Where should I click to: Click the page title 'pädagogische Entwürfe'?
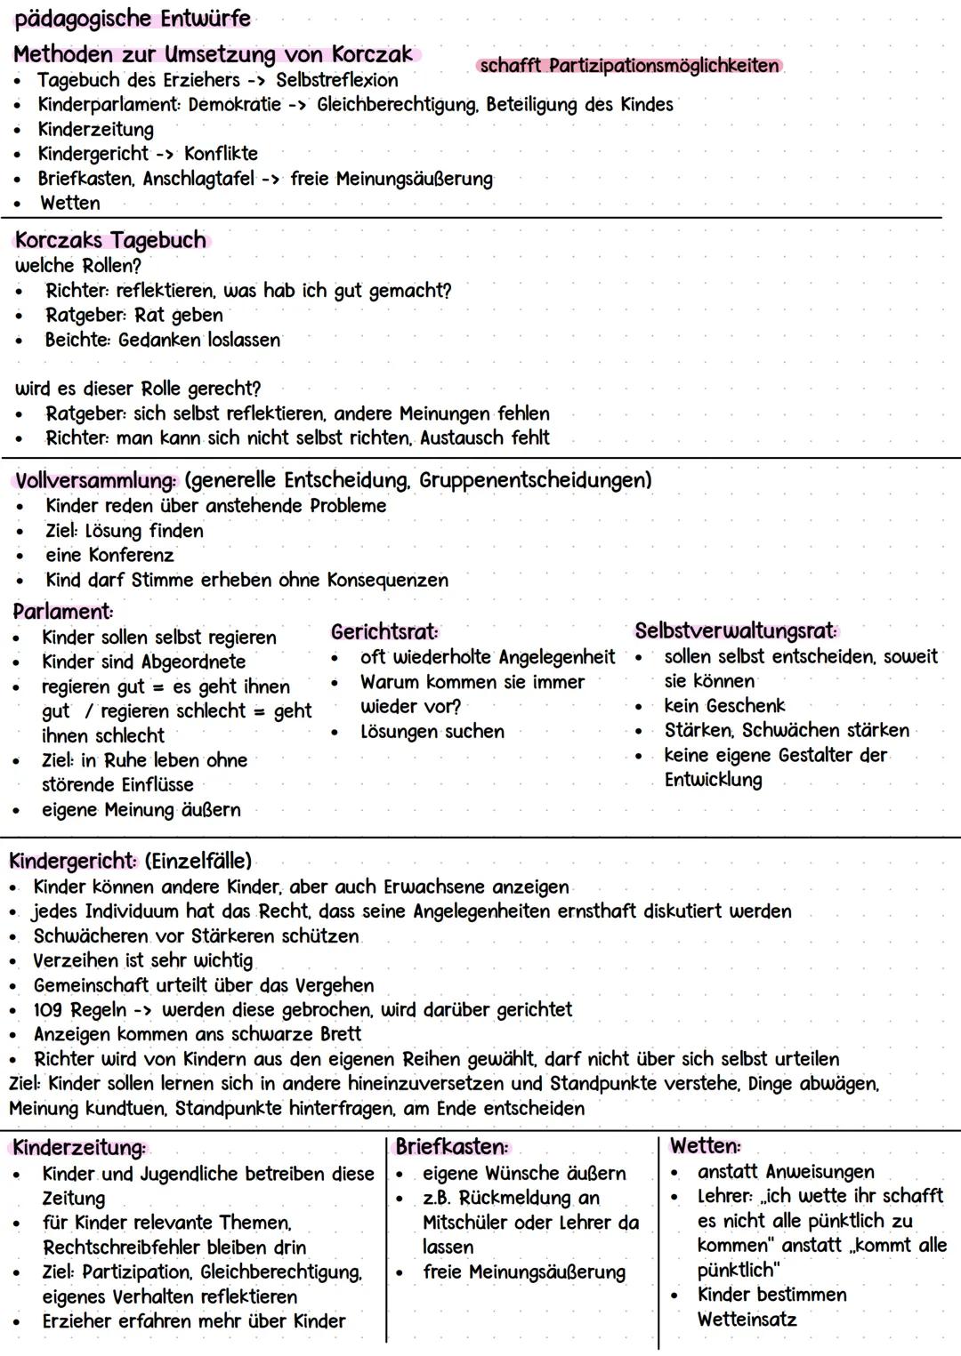pyautogui.click(x=133, y=18)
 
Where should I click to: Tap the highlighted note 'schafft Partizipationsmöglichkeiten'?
pyautogui.click(x=629, y=66)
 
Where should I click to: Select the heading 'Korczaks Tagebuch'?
pyautogui.click(x=110, y=240)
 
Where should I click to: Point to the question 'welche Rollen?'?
pyautogui.click(x=78, y=266)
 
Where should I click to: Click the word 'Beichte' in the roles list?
pyautogui.click(x=76, y=340)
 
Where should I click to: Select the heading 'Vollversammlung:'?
pyautogui.click(x=96, y=480)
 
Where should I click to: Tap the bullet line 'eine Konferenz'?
pyautogui.click(x=109, y=556)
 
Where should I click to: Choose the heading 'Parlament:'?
pyautogui.click(x=63, y=612)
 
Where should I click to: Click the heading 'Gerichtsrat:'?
pyautogui.click(x=384, y=632)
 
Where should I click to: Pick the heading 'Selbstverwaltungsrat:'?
pyautogui.click(x=736, y=631)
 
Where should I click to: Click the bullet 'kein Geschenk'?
pyautogui.click(x=724, y=706)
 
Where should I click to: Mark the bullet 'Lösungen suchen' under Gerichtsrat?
pyautogui.click(x=432, y=732)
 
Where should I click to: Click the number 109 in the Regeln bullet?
pyautogui.click(x=48, y=1010)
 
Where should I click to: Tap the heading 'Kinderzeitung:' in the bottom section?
pyautogui.click(x=79, y=1148)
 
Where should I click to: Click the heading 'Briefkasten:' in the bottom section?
pyautogui.click(x=452, y=1147)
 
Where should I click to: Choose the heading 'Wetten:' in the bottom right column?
pyautogui.click(x=705, y=1146)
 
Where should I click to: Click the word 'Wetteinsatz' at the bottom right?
pyautogui.click(x=747, y=1320)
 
